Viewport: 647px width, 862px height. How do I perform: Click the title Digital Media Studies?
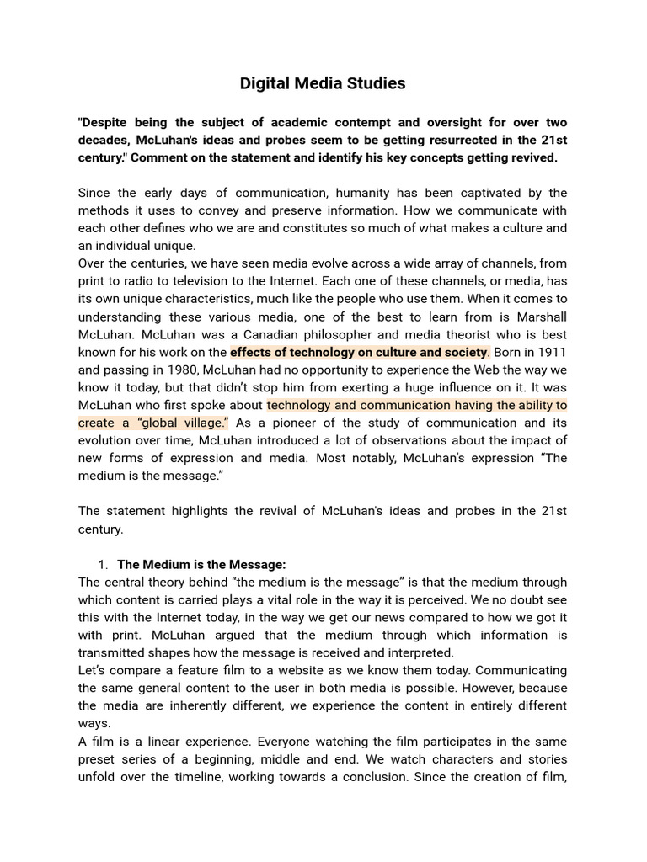click(x=323, y=83)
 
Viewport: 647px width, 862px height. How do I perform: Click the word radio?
click(x=147, y=281)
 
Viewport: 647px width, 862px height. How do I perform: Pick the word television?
click(x=212, y=281)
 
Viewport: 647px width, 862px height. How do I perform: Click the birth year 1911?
click(x=548, y=352)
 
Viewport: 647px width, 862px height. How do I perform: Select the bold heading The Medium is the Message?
click(x=201, y=564)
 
